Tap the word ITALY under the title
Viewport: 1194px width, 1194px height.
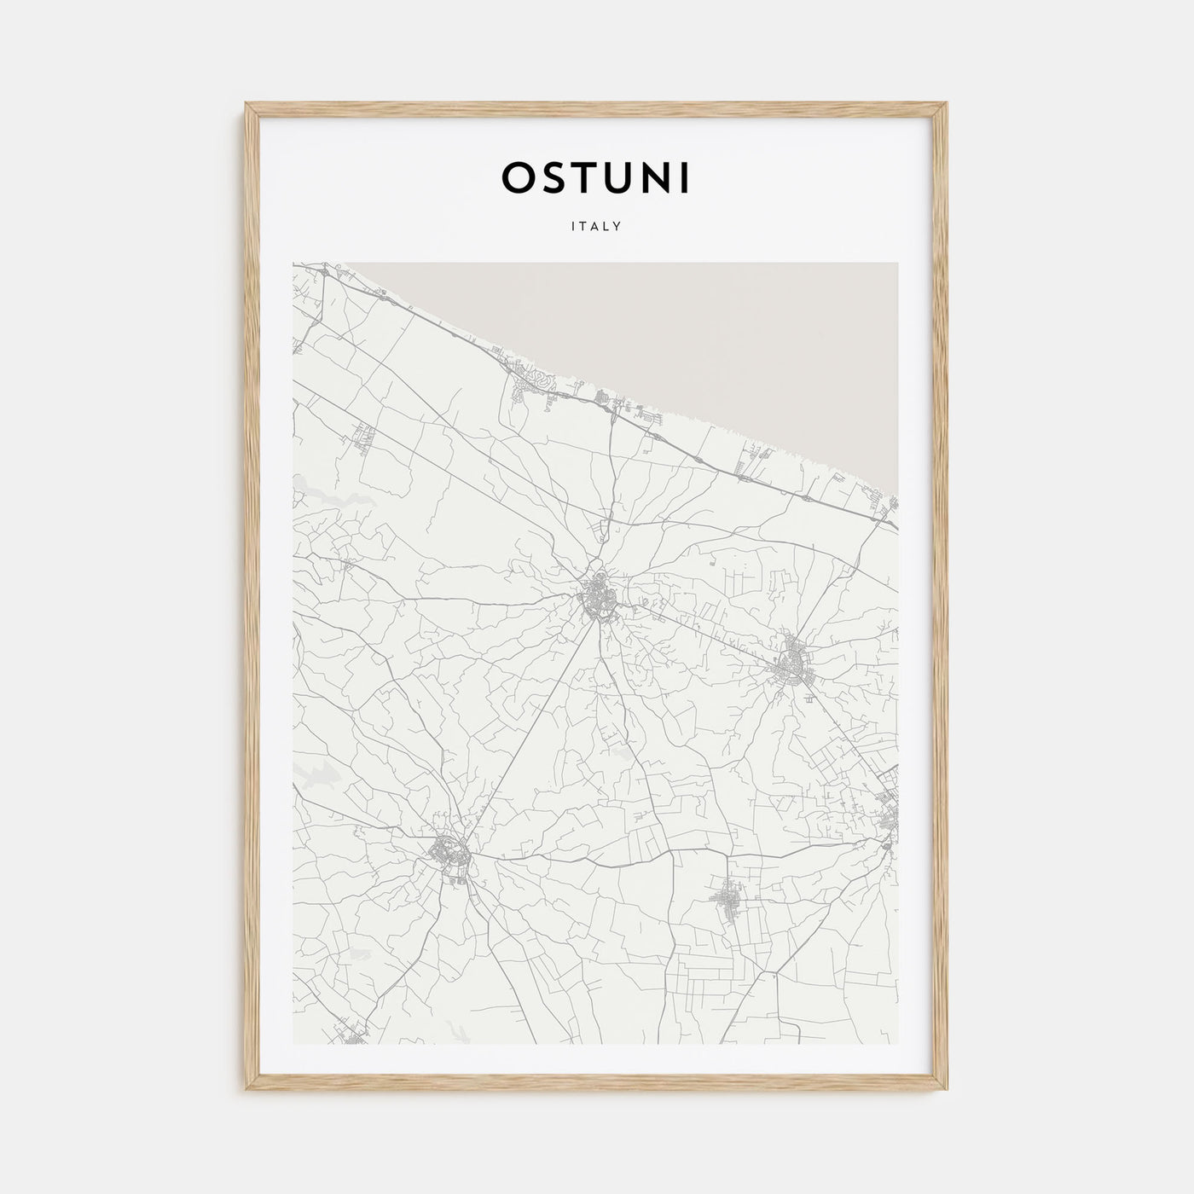(x=596, y=227)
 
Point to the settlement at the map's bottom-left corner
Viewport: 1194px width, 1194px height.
(x=354, y=1032)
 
